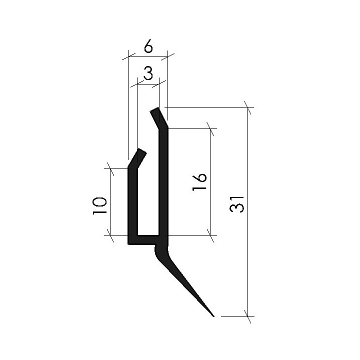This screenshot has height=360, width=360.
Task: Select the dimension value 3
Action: click(x=148, y=74)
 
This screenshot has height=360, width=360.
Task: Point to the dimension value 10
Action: click(x=99, y=205)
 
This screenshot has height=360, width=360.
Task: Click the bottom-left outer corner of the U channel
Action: click(x=129, y=243)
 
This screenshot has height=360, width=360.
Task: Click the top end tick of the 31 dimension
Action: click(x=247, y=107)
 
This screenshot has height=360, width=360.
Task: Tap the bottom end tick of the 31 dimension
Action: click(x=247, y=316)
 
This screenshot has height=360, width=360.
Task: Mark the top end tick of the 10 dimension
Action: click(x=110, y=168)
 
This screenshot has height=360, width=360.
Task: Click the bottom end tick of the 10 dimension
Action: click(x=110, y=235)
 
